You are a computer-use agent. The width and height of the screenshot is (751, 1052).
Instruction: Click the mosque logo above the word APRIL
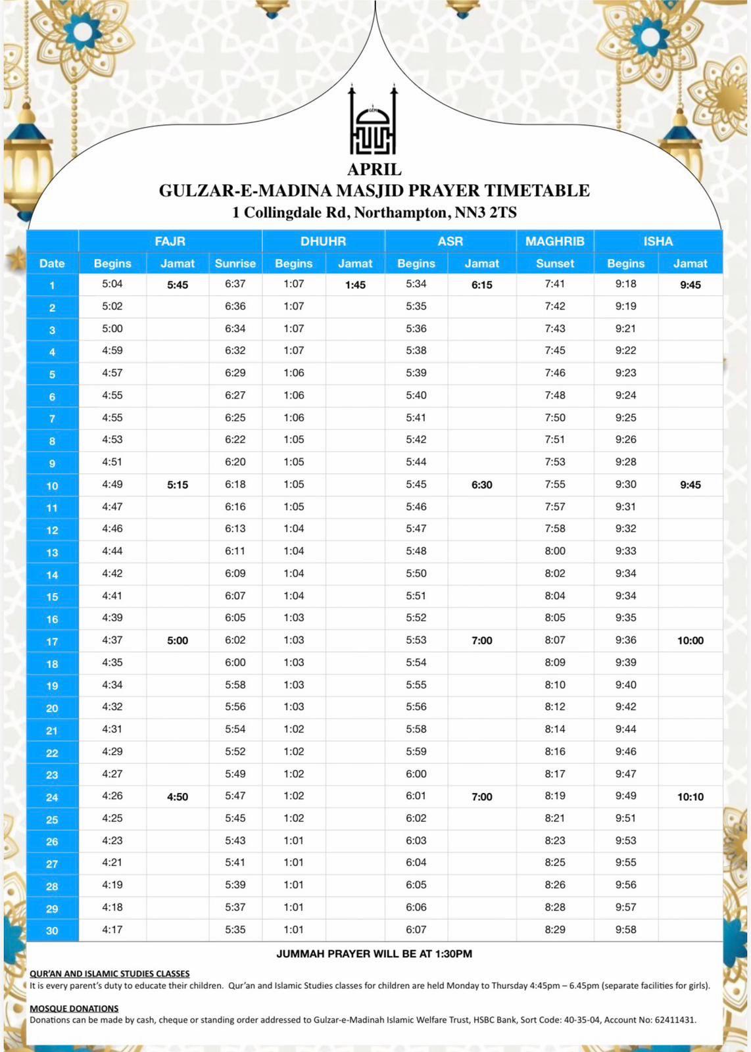click(374, 121)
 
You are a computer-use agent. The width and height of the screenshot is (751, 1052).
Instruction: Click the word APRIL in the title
click(374, 170)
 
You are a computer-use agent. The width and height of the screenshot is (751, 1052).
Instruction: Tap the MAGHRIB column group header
click(554, 241)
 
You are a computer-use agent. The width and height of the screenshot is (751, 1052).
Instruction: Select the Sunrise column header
click(235, 263)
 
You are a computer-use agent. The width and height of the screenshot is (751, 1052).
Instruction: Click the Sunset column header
click(554, 263)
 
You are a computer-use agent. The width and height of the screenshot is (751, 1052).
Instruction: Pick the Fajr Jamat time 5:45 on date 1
click(178, 285)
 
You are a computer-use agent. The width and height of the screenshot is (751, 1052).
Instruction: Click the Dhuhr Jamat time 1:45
click(355, 285)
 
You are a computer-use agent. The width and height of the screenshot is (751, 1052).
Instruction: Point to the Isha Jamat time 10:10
click(690, 797)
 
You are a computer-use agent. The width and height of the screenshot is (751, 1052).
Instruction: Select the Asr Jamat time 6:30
click(481, 485)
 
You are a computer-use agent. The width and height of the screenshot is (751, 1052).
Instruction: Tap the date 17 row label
click(52, 641)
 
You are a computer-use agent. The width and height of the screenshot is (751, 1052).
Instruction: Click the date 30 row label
click(52, 930)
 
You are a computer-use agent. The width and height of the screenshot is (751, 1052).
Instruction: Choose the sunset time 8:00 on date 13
click(554, 551)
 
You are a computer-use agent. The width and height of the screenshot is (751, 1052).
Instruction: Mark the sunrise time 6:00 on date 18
click(235, 662)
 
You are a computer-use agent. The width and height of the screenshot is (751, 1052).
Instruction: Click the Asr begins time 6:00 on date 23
click(416, 774)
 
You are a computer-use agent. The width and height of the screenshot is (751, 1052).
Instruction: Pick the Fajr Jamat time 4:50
click(178, 797)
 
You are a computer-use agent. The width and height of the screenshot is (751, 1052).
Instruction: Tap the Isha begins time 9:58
click(625, 930)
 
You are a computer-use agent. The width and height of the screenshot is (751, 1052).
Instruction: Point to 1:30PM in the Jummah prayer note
click(453, 953)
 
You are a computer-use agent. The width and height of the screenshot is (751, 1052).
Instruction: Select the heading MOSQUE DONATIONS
click(74, 1008)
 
